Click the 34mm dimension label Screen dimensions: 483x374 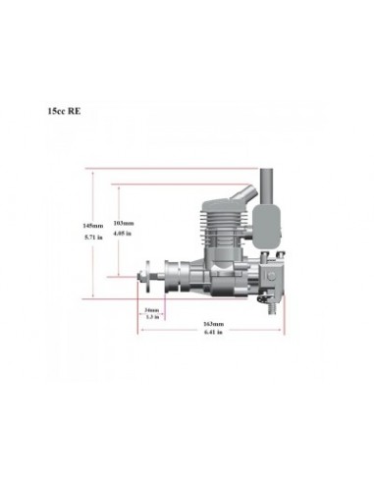coord(151,308)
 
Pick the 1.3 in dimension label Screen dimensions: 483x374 coord(151,316)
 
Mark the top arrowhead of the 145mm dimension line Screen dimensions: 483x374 coord(92,173)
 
